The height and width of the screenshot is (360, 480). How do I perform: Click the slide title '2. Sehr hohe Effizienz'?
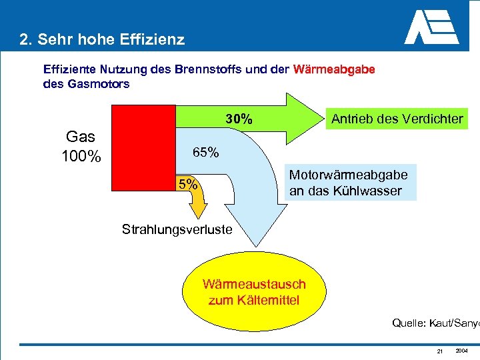pyautogui.click(x=102, y=39)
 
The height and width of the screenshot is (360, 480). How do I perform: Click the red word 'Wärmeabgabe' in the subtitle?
pyautogui.click(x=333, y=69)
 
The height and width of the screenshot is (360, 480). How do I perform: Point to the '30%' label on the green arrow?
pyautogui.click(x=238, y=119)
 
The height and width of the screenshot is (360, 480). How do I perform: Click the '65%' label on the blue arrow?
pyautogui.click(x=205, y=153)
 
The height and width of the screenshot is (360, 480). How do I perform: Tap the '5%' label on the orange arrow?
pyautogui.click(x=187, y=184)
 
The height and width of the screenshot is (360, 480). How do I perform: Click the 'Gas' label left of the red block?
pyautogui.click(x=81, y=137)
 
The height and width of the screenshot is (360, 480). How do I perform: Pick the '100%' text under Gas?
pyautogui.click(x=81, y=158)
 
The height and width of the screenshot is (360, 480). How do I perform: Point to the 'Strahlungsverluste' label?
pyautogui.click(x=177, y=229)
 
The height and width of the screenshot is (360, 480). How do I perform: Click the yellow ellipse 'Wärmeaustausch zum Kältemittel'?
pyautogui.click(x=254, y=292)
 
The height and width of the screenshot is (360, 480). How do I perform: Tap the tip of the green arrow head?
pyautogui.click(x=314, y=119)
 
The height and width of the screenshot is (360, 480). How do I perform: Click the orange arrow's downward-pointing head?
pyautogui.click(x=198, y=211)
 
